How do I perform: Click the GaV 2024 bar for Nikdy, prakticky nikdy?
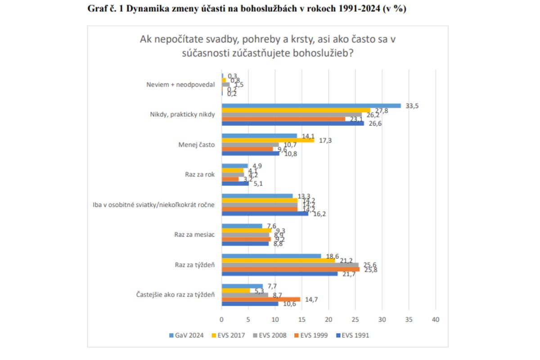311,106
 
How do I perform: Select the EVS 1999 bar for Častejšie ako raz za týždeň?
261,299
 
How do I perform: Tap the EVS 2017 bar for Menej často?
268,140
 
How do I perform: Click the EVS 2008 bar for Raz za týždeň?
290,265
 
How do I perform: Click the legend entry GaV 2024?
186,335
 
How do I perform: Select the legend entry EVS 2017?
228,335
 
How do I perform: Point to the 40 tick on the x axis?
435,319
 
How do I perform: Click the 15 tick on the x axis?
302,319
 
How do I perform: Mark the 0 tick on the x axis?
221,319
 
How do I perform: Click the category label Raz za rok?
200,175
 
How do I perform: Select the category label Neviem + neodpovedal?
181,85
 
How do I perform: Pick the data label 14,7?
311,299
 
